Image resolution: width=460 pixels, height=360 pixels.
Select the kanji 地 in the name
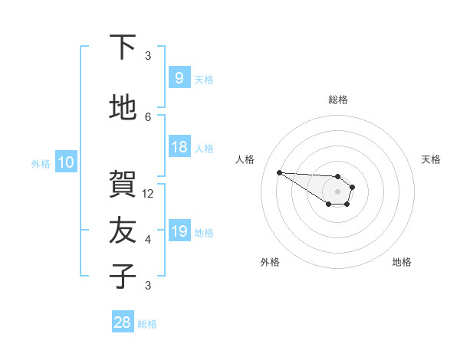click(x=123, y=108)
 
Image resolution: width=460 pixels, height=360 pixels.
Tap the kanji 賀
click(x=123, y=185)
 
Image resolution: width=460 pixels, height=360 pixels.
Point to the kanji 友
click(x=123, y=231)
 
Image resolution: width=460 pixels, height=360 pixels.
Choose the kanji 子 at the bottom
click(x=123, y=277)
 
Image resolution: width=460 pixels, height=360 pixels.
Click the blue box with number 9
click(x=179, y=78)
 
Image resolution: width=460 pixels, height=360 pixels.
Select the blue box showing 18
click(x=179, y=147)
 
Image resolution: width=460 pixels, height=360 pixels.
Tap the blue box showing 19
click(x=179, y=231)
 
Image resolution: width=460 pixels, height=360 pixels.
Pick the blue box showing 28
click(x=123, y=322)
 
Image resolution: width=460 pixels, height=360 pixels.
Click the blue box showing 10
click(x=65, y=162)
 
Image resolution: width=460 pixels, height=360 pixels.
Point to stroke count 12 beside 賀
click(x=148, y=193)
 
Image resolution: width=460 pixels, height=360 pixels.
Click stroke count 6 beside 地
click(x=148, y=116)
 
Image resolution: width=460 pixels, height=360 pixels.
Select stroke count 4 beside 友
click(x=148, y=240)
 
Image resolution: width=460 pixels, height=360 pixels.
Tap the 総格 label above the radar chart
click(x=337, y=100)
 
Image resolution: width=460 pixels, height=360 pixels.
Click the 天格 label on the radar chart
click(x=431, y=159)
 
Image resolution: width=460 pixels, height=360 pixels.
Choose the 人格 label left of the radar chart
click(x=245, y=159)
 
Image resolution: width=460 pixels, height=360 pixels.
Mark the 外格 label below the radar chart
click(x=269, y=263)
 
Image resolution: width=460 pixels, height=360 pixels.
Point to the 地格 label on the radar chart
click(x=402, y=263)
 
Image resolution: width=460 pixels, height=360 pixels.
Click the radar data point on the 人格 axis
click(x=279, y=172)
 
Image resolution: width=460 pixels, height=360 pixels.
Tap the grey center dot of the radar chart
click(x=337, y=191)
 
